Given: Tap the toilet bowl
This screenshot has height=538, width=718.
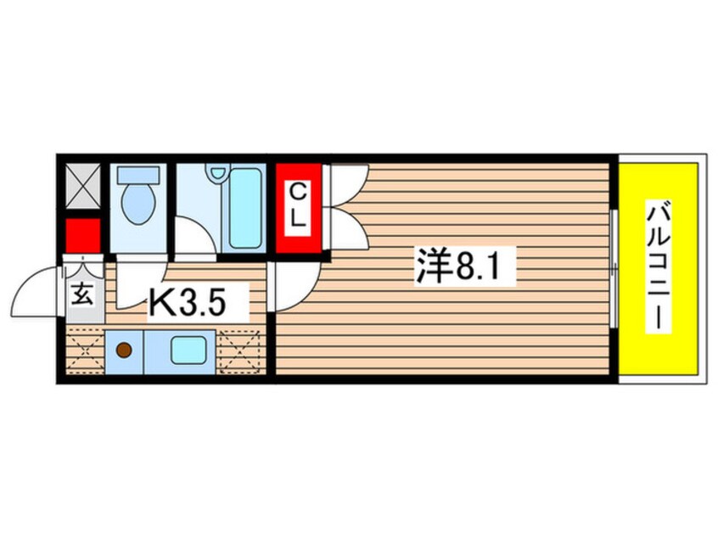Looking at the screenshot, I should coord(137,204).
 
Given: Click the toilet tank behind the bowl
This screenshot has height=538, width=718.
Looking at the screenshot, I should coord(137,175).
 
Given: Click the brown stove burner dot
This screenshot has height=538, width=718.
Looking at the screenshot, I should coord(124,350).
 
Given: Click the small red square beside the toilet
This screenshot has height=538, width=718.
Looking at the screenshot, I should coord(83,236).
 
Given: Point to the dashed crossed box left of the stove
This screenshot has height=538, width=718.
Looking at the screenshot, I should coord(85,350).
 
